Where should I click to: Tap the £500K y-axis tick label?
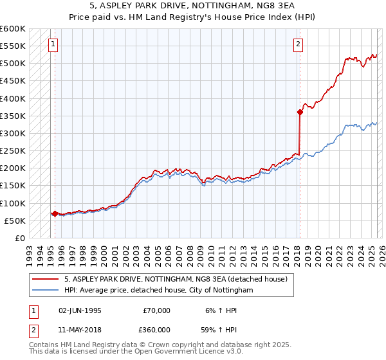pos(14,64)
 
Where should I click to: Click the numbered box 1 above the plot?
pos(52,44)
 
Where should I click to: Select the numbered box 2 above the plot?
pos(299,44)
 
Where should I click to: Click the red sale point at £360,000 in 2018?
pos(300,112)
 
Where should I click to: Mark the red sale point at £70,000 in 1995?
pos(55,213)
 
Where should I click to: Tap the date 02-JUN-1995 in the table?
pos(80,310)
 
